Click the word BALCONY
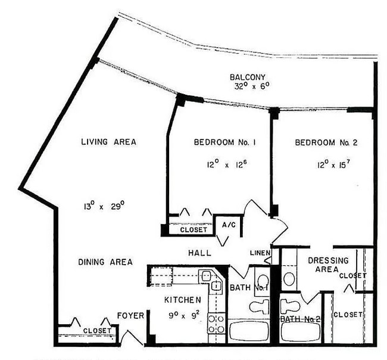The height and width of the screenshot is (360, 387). pos(250,77)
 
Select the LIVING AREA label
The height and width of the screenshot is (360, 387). pos(109,142)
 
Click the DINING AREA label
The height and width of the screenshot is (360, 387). pos(105,262)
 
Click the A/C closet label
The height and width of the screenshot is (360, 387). pos(229,225)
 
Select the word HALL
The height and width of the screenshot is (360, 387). pos(200,253)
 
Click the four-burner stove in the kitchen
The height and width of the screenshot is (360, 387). pos(216,323)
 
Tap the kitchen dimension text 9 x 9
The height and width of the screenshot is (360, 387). pos(183,311)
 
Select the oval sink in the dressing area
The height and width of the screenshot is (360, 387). pos(289,278)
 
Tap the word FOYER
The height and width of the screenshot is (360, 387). pos(130,315)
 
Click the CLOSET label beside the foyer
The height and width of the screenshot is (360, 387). pos(96,330)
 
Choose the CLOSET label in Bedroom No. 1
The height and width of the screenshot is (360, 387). pos(193,229)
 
